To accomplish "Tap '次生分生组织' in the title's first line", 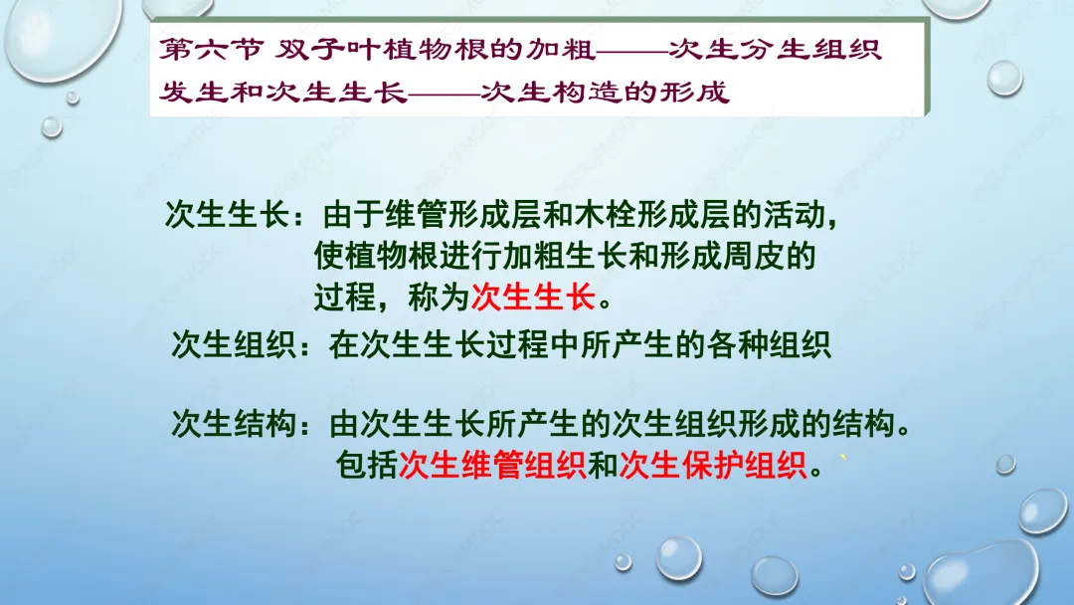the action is (775, 50).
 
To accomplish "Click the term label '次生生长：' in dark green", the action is (237, 215).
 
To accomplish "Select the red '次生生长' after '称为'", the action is (533, 298).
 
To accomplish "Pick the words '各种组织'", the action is (769, 344).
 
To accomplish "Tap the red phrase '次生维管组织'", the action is (492, 466).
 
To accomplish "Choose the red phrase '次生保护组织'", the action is (712, 466).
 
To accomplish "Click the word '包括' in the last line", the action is (366, 466).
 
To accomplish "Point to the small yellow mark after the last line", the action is (843, 459).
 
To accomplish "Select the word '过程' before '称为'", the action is (345, 298).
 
